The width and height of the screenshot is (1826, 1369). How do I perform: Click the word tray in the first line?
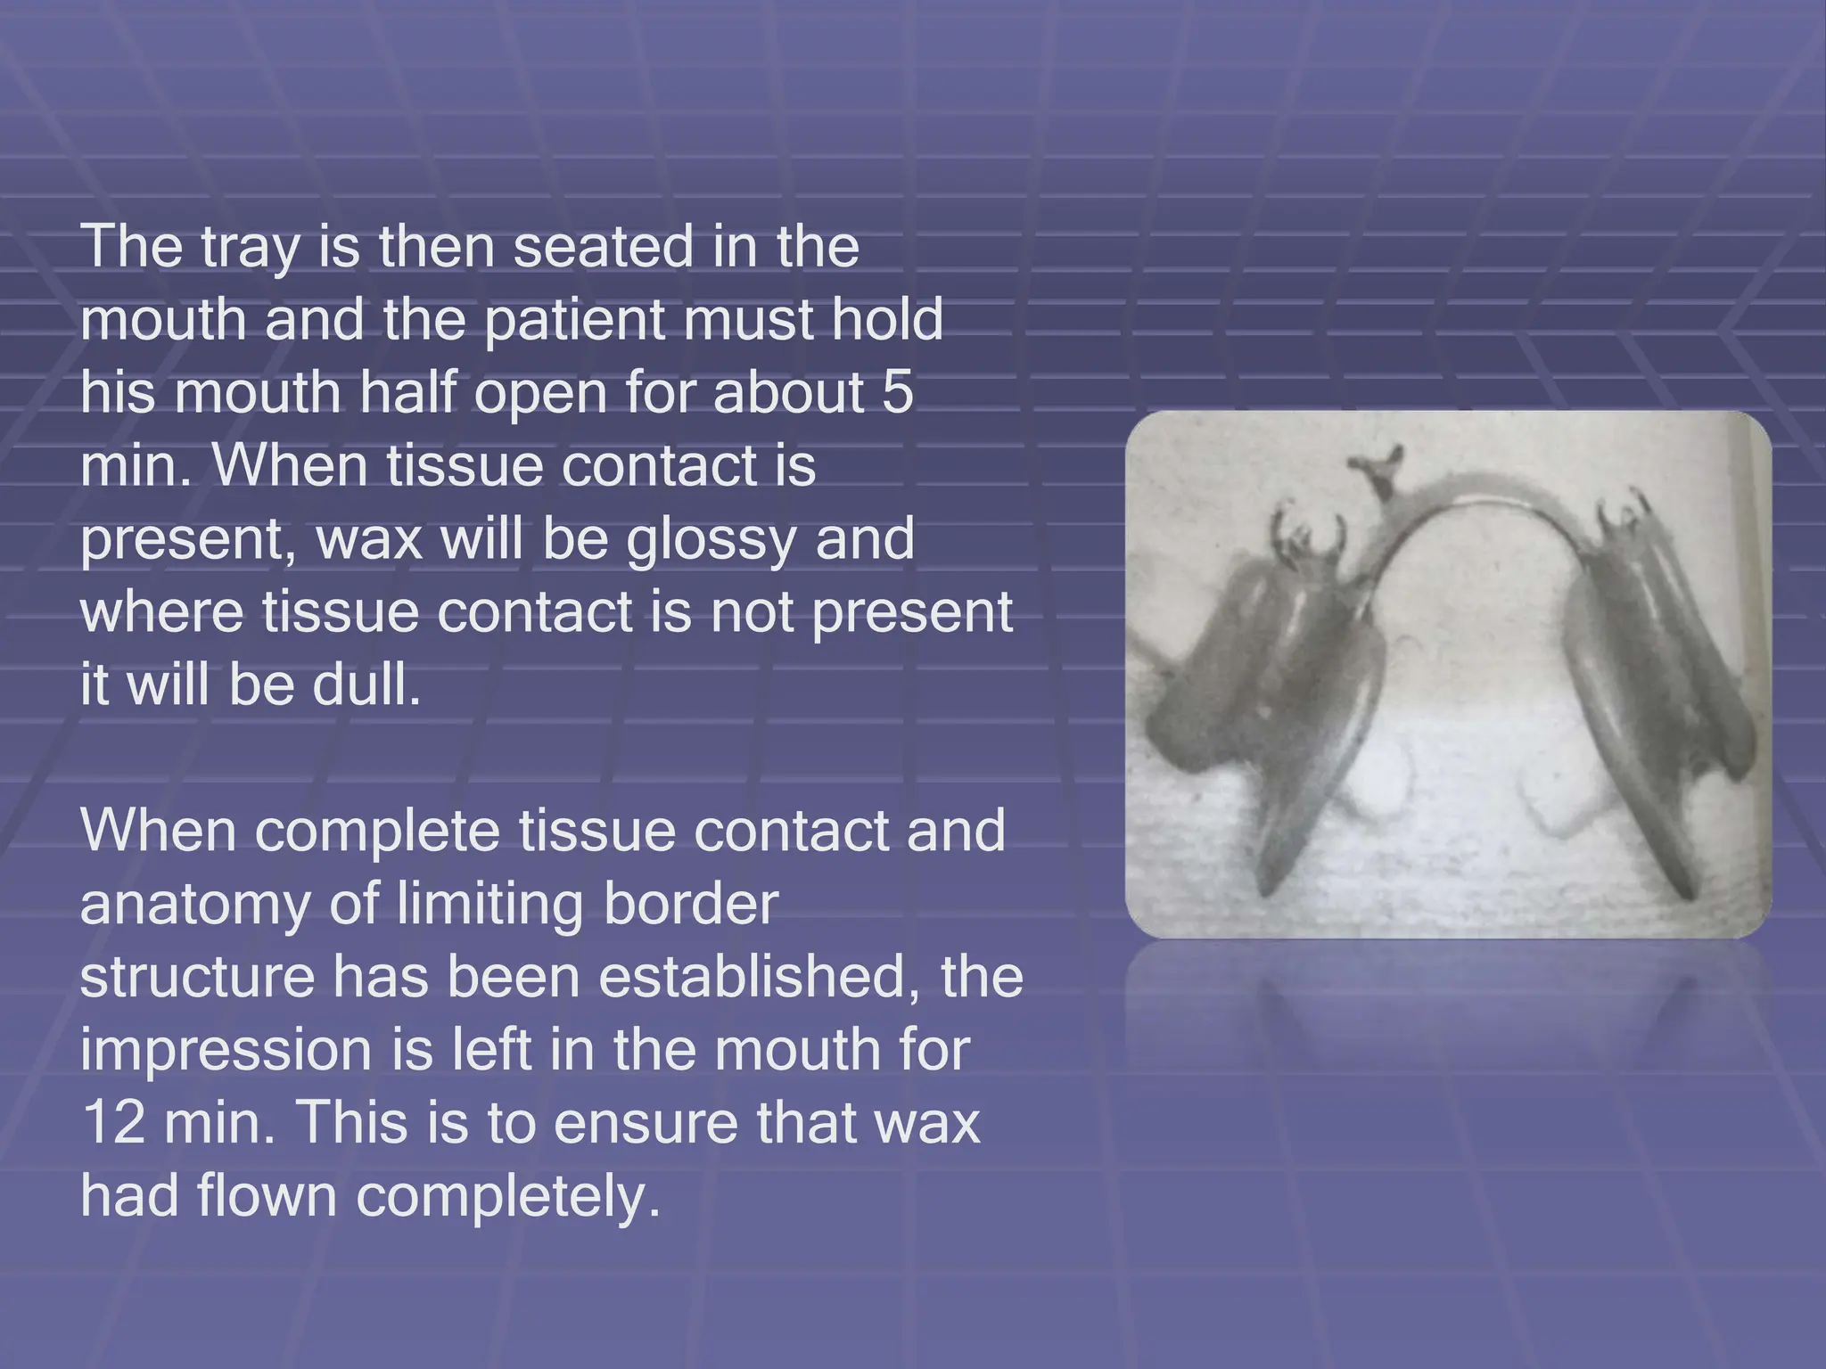(x=250, y=249)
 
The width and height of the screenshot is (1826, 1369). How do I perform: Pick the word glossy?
(x=710, y=540)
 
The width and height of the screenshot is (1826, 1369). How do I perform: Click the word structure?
(x=198, y=978)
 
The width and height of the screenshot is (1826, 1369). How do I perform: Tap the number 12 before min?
(x=114, y=1122)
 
